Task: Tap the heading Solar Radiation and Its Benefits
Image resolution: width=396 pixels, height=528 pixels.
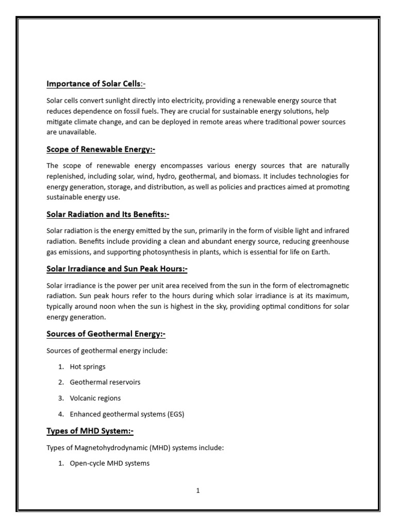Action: coord(108,214)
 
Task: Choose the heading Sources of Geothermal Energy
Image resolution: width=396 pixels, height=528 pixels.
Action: coord(106,334)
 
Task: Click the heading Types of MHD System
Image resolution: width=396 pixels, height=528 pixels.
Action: coord(90,431)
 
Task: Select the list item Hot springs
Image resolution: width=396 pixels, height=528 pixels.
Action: coord(88,367)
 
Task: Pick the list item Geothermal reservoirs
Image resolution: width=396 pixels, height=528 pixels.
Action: coord(105,382)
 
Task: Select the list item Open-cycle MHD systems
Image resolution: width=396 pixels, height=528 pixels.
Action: coord(109,463)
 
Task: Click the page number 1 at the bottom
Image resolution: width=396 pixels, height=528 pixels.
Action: coord(197,491)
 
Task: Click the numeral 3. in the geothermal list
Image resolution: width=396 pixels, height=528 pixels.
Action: coord(61,398)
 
